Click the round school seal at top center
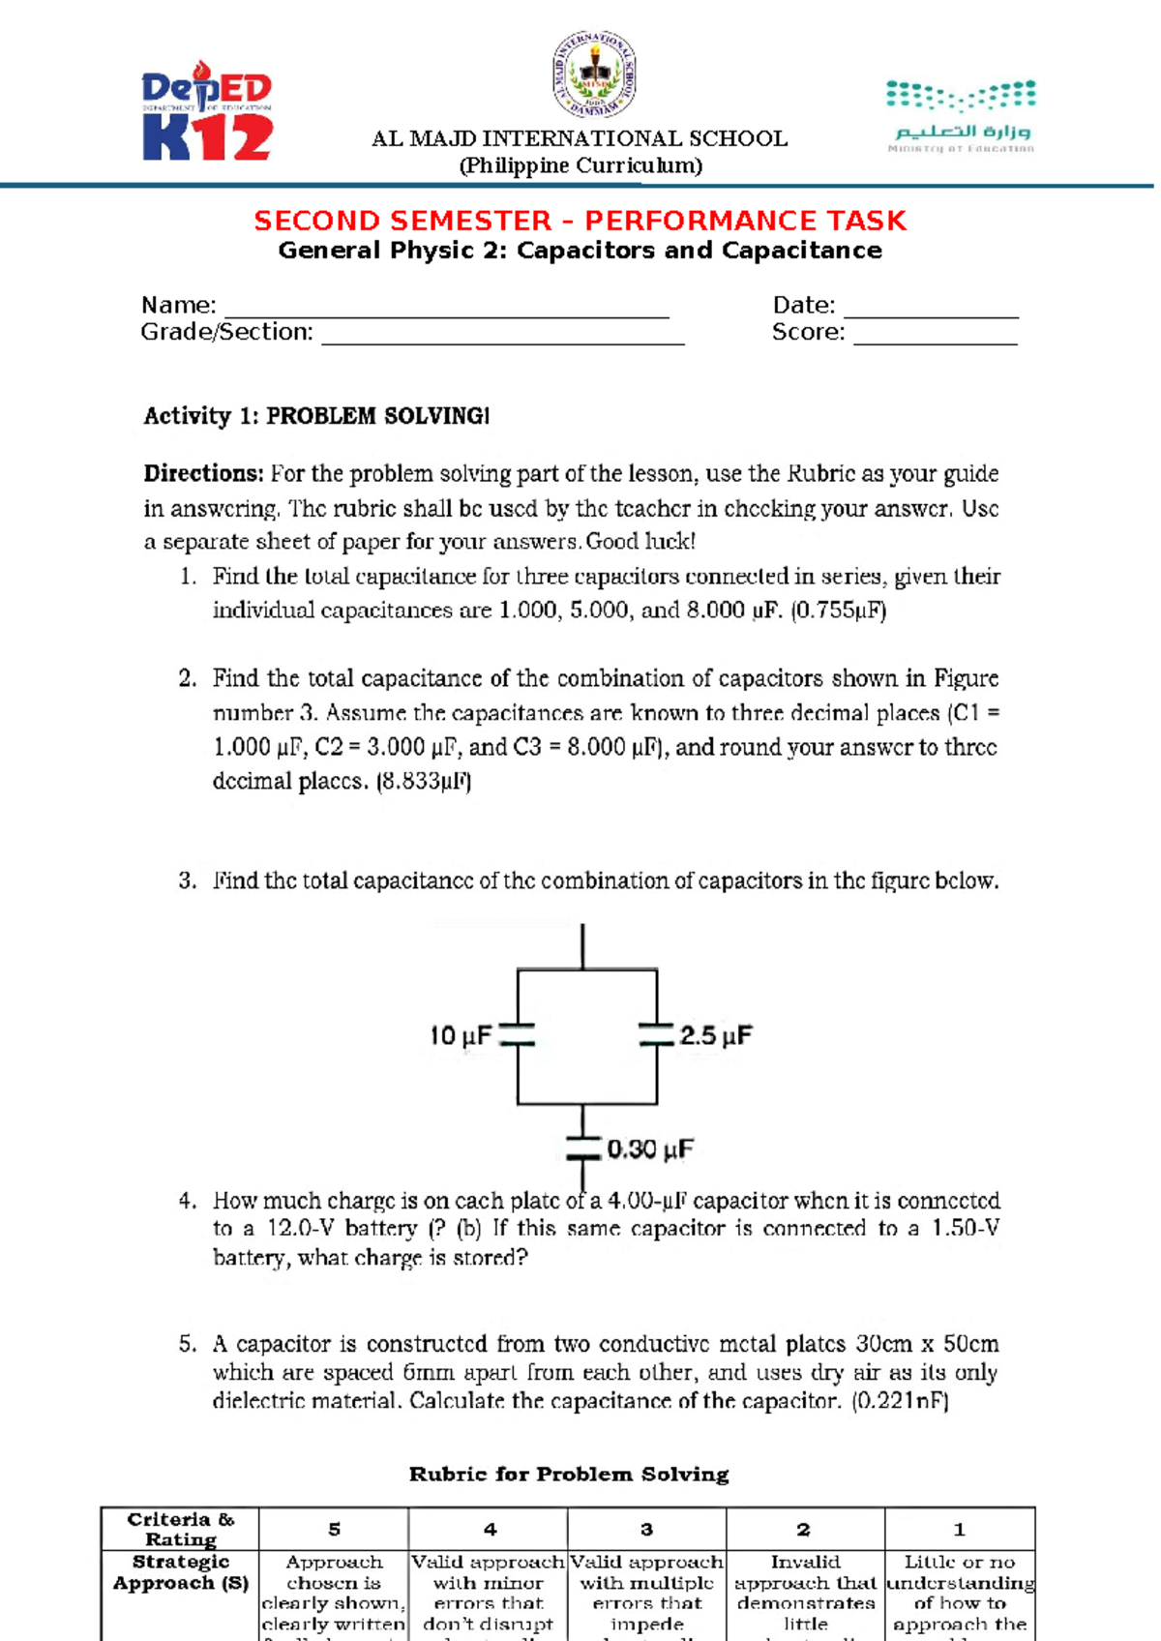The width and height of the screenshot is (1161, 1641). coord(594,75)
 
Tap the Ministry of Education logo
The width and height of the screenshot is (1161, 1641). coord(961,117)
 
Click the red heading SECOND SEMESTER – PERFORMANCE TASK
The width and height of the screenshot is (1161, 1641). coord(580,221)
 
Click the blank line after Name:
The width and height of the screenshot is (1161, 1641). coord(446,309)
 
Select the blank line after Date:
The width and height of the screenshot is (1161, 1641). coord(931,309)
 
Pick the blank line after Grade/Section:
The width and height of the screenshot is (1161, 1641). coord(502,336)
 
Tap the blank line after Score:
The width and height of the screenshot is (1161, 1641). coord(935,336)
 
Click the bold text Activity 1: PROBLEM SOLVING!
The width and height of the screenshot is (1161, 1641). coord(316,416)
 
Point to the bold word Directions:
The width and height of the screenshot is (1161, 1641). coord(203,474)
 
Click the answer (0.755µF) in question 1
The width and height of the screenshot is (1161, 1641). coord(838,611)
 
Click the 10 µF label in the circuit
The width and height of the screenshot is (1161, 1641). coord(461,1036)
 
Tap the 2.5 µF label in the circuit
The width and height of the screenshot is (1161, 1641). coord(715,1036)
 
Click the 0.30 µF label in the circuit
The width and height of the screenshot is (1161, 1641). coord(650,1149)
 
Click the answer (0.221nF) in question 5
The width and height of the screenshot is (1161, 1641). coord(900,1401)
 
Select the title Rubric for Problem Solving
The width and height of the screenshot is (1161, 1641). coord(569,1475)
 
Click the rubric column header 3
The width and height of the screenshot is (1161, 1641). coord(646,1530)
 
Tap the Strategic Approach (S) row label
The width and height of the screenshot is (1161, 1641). coord(180,1573)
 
